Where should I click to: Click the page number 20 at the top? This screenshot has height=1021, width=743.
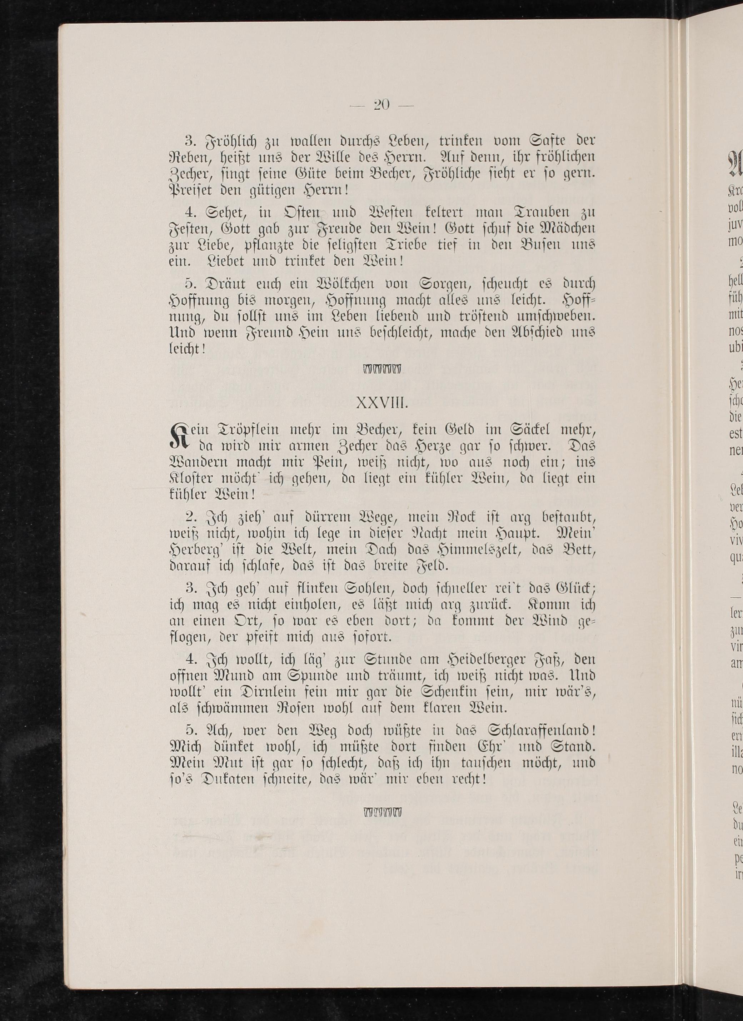[382, 105]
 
